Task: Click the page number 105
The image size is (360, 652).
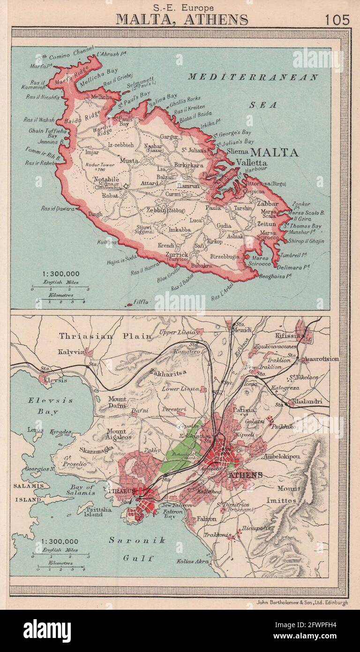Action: (x=336, y=20)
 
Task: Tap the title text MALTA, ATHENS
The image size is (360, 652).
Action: (x=182, y=19)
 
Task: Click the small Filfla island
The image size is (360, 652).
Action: (x=128, y=304)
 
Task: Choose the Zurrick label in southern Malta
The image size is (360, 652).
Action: (x=176, y=254)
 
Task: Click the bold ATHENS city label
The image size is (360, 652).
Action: (x=246, y=475)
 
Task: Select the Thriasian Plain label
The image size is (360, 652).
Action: (x=105, y=336)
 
